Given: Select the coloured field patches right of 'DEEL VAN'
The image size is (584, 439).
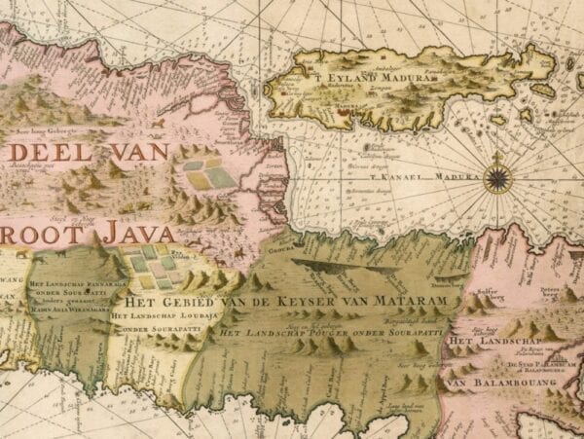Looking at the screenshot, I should [x=209, y=174].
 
